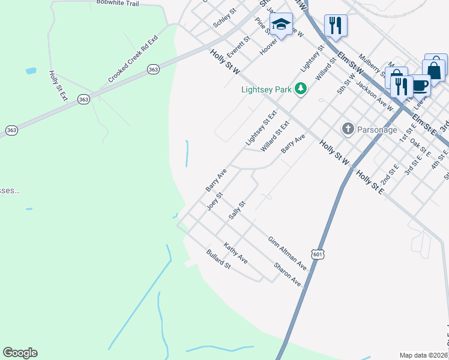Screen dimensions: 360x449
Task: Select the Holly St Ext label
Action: [x=55, y=85]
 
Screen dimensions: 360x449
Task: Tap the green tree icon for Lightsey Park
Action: [x=300, y=89]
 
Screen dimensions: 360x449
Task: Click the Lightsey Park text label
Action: [x=266, y=90]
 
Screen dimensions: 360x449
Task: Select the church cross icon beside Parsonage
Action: [x=348, y=129]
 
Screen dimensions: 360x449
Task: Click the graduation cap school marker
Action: [x=280, y=25]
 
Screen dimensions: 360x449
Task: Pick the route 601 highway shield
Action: [x=318, y=254]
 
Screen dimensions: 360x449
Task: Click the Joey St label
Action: [x=214, y=201]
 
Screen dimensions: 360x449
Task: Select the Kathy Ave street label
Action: [x=235, y=253]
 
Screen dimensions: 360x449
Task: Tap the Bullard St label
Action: [x=218, y=259]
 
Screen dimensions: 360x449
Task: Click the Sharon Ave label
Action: [x=287, y=274]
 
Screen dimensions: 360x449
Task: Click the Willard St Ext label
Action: [x=275, y=136]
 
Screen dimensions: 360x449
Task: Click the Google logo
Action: [x=20, y=353]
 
